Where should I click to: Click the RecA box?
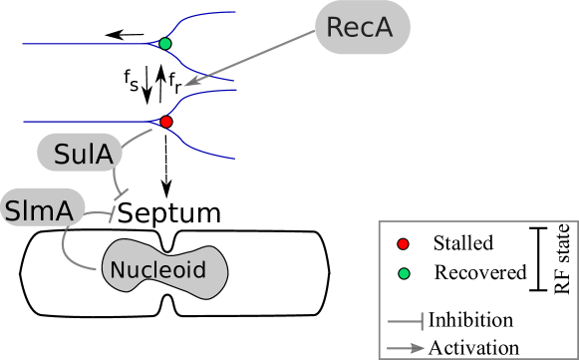(x=361, y=27)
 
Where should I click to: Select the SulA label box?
(x=81, y=154)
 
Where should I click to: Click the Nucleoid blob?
(x=164, y=269)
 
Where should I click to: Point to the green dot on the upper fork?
(x=164, y=44)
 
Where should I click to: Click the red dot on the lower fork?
(x=165, y=122)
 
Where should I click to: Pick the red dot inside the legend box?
(x=403, y=244)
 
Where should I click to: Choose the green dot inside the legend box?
(x=403, y=273)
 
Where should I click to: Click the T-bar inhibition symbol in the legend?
(x=406, y=321)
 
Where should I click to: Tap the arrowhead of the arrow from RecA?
(x=189, y=83)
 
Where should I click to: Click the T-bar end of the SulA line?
(x=123, y=191)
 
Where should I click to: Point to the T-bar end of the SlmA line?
(x=115, y=210)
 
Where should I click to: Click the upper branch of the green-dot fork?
(x=199, y=19)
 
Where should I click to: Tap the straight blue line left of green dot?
(x=90, y=44)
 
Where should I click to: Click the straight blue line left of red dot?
(x=90, y=122)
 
